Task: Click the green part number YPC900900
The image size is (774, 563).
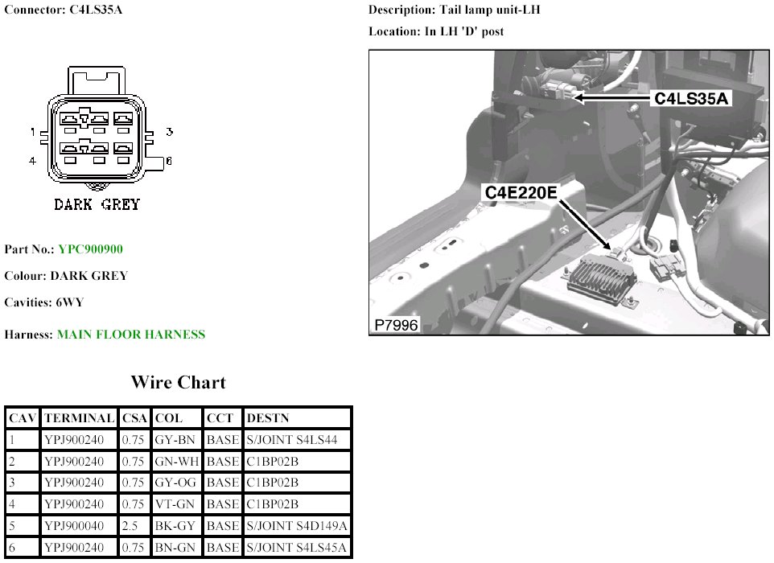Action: tap(90, 249)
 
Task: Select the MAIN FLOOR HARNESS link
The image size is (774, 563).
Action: tap(130, 334)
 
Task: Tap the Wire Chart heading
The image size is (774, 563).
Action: tap(178, 383)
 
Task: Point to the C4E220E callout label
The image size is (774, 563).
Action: tap(521, 193)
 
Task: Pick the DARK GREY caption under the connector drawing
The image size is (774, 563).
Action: tap(97, 204)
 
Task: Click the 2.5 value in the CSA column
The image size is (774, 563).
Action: tap(134, 526)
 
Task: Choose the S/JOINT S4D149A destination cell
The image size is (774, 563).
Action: tap(297, 526)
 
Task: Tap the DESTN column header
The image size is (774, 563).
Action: tap(267, 418)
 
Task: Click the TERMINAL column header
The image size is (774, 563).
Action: tap(79, 418)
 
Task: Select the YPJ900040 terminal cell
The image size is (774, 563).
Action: tap(79, 526)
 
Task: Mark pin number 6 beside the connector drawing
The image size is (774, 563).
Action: tap(169, 161)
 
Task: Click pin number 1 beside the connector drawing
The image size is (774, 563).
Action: tap(33, 131)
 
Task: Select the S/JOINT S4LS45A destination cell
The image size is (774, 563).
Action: tap(297, 548)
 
